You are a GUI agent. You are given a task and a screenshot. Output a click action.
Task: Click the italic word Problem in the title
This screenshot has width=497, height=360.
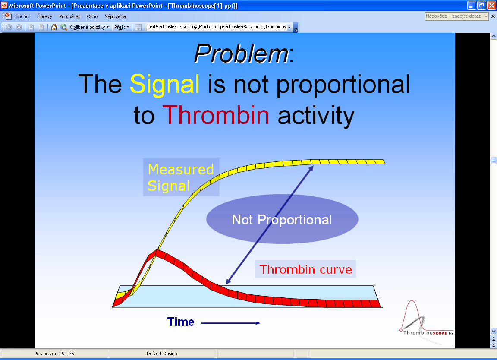tap(242, 54)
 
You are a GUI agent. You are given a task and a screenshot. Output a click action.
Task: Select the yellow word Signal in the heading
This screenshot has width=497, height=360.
tap(164, 84)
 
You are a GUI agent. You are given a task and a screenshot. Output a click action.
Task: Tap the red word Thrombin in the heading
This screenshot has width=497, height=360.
tap(216, 115)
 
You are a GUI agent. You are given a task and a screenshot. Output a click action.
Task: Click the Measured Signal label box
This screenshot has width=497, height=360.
tap(181, 177)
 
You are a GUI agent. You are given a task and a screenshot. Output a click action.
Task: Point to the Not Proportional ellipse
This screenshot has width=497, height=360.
tap(282, 219)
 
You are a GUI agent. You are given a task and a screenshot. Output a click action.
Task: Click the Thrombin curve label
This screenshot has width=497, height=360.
tap(305, 269)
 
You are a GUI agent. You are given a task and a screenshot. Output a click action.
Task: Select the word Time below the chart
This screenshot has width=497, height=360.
tap(181, 322)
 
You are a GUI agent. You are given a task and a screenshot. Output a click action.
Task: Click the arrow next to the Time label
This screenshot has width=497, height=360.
tap(231, 323)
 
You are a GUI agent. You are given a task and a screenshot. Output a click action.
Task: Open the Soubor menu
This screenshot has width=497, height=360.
tap(23, 16)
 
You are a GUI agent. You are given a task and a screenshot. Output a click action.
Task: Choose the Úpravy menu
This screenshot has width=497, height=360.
tap(45, 16)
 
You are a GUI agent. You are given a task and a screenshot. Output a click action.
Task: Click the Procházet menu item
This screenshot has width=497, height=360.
tap(69, 16)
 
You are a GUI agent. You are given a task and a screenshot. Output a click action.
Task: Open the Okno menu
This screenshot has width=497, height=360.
tap(92, 16)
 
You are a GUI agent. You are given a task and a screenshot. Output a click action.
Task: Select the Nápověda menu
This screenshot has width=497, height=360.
tap(115, 16)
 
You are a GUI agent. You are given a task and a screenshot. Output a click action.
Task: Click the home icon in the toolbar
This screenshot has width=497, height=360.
tap(54, 27)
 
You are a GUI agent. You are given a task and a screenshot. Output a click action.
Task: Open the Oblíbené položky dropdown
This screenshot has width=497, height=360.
tap(89, 27)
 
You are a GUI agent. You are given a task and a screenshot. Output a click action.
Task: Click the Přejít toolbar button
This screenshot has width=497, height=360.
tap(122, 27)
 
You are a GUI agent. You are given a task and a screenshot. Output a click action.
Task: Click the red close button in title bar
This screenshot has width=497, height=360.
tap(492, 5)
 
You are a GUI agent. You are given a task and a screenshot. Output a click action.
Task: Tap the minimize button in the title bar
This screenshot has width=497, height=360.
tap(472, 5)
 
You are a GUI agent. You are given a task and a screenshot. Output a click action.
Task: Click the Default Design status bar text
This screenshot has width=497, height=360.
tap(162, 354)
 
